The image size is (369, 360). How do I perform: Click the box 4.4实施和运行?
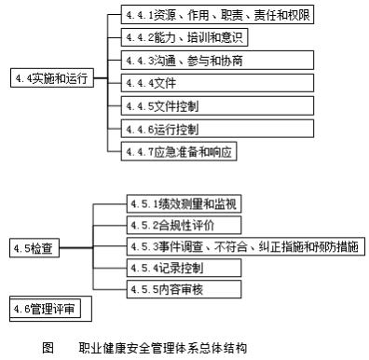[x=49, y=77]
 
